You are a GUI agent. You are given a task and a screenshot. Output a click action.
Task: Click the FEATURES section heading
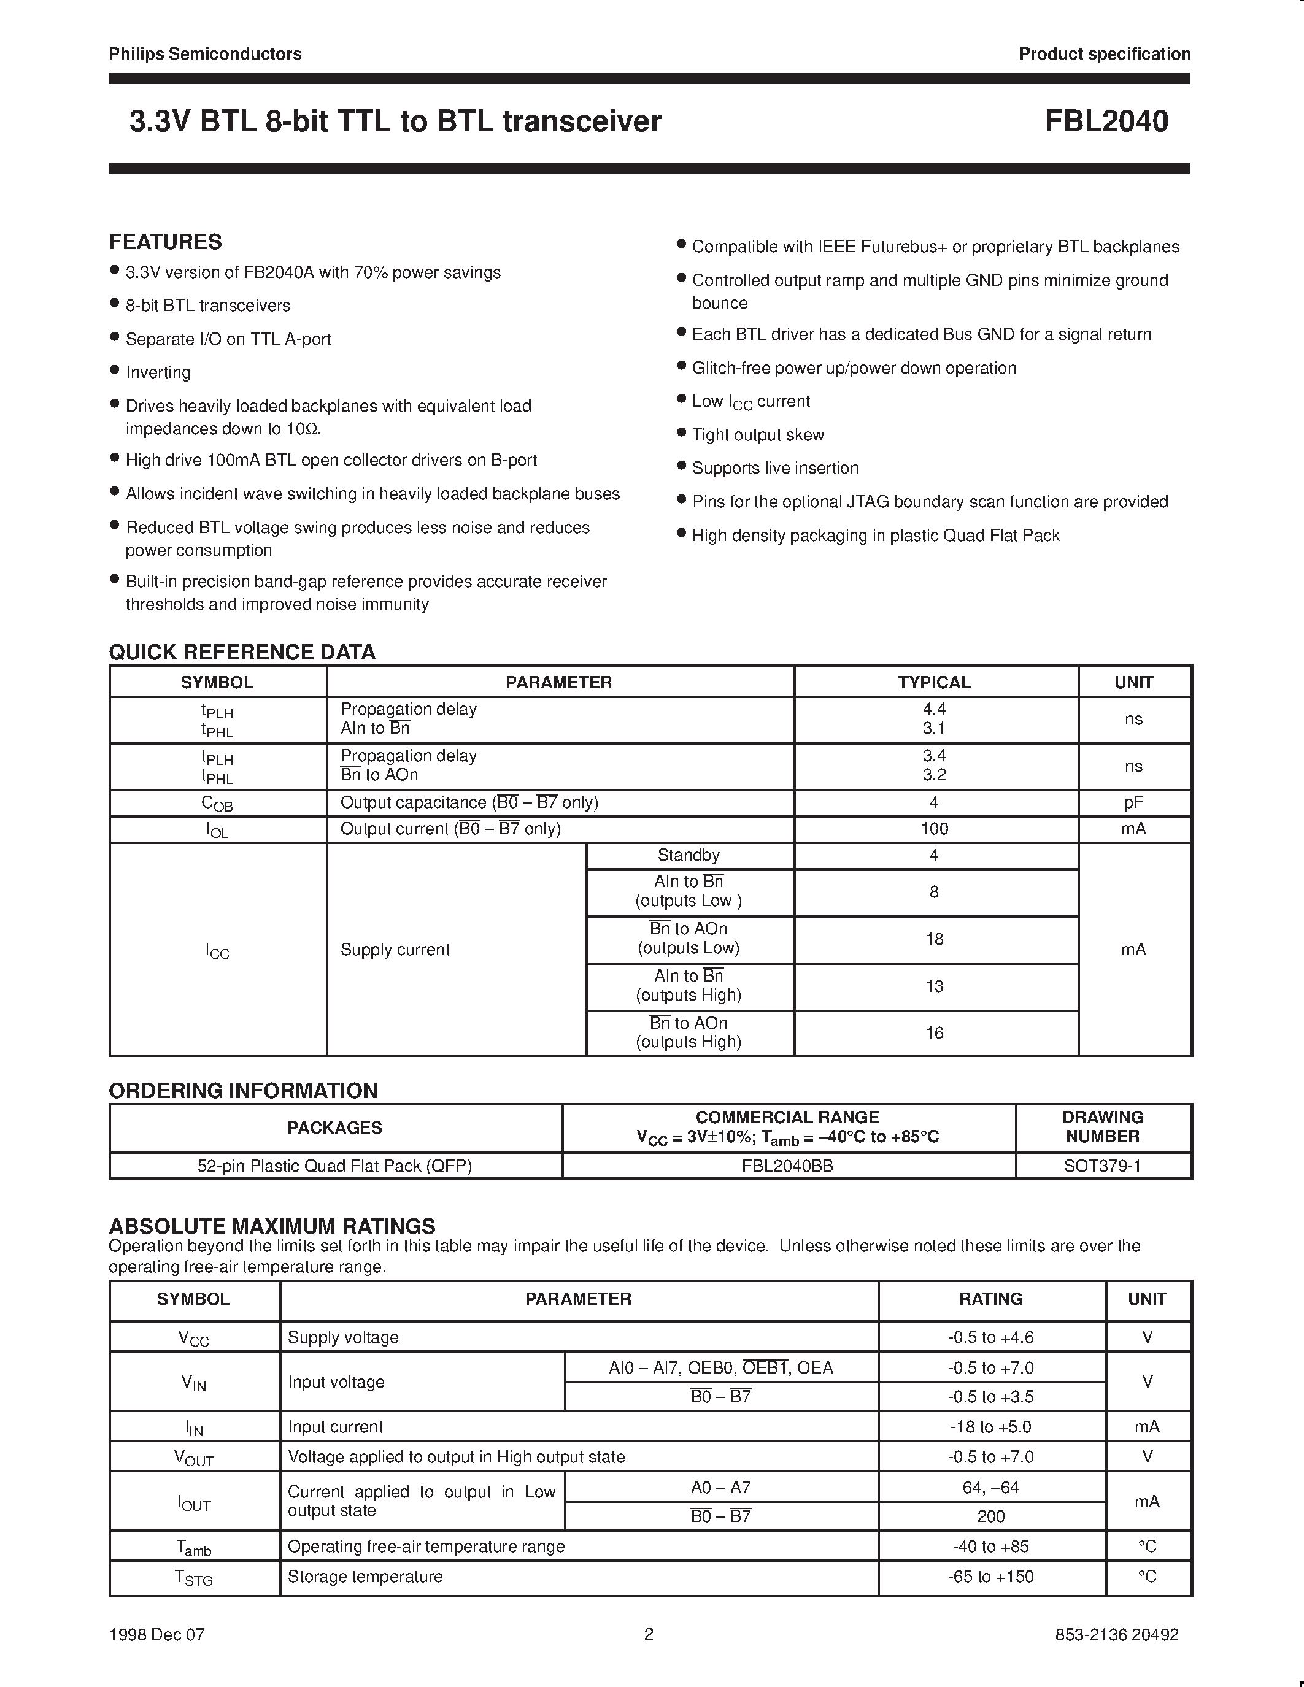coord(165,242)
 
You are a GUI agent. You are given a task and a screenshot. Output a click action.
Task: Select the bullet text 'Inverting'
coord(158,372)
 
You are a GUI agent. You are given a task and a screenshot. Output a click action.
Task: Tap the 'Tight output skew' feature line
coord(757,435)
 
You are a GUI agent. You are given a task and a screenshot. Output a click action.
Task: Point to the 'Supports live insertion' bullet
coord(775,468)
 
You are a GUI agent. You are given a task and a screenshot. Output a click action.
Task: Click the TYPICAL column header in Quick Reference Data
coord(934,682)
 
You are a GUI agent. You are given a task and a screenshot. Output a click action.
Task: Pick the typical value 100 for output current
coord(934,829)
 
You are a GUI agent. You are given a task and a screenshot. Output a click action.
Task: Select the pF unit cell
coord(1133,802)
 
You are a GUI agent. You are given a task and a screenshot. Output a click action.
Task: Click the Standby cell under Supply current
coord(689,855)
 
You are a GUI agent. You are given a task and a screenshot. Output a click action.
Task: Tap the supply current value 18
coord(934,939)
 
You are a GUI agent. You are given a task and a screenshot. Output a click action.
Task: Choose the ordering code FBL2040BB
coord(787,1166)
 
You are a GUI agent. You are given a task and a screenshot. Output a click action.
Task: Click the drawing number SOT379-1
coord(1101,1166)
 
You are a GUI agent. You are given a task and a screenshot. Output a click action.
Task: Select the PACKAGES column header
coord(334,1128)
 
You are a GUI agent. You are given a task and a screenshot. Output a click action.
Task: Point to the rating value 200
coord(990,1516)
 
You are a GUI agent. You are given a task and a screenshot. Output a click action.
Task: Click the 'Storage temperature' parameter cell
coord(365,1577)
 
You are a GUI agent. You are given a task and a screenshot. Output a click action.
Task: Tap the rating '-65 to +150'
coord(990,1577)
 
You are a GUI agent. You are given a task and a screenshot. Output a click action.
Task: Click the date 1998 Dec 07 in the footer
coord(157,1634)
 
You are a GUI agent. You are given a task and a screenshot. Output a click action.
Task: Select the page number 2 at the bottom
coord(649,1634)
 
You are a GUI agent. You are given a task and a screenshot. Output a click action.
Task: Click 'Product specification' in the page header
coord(1104,54)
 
